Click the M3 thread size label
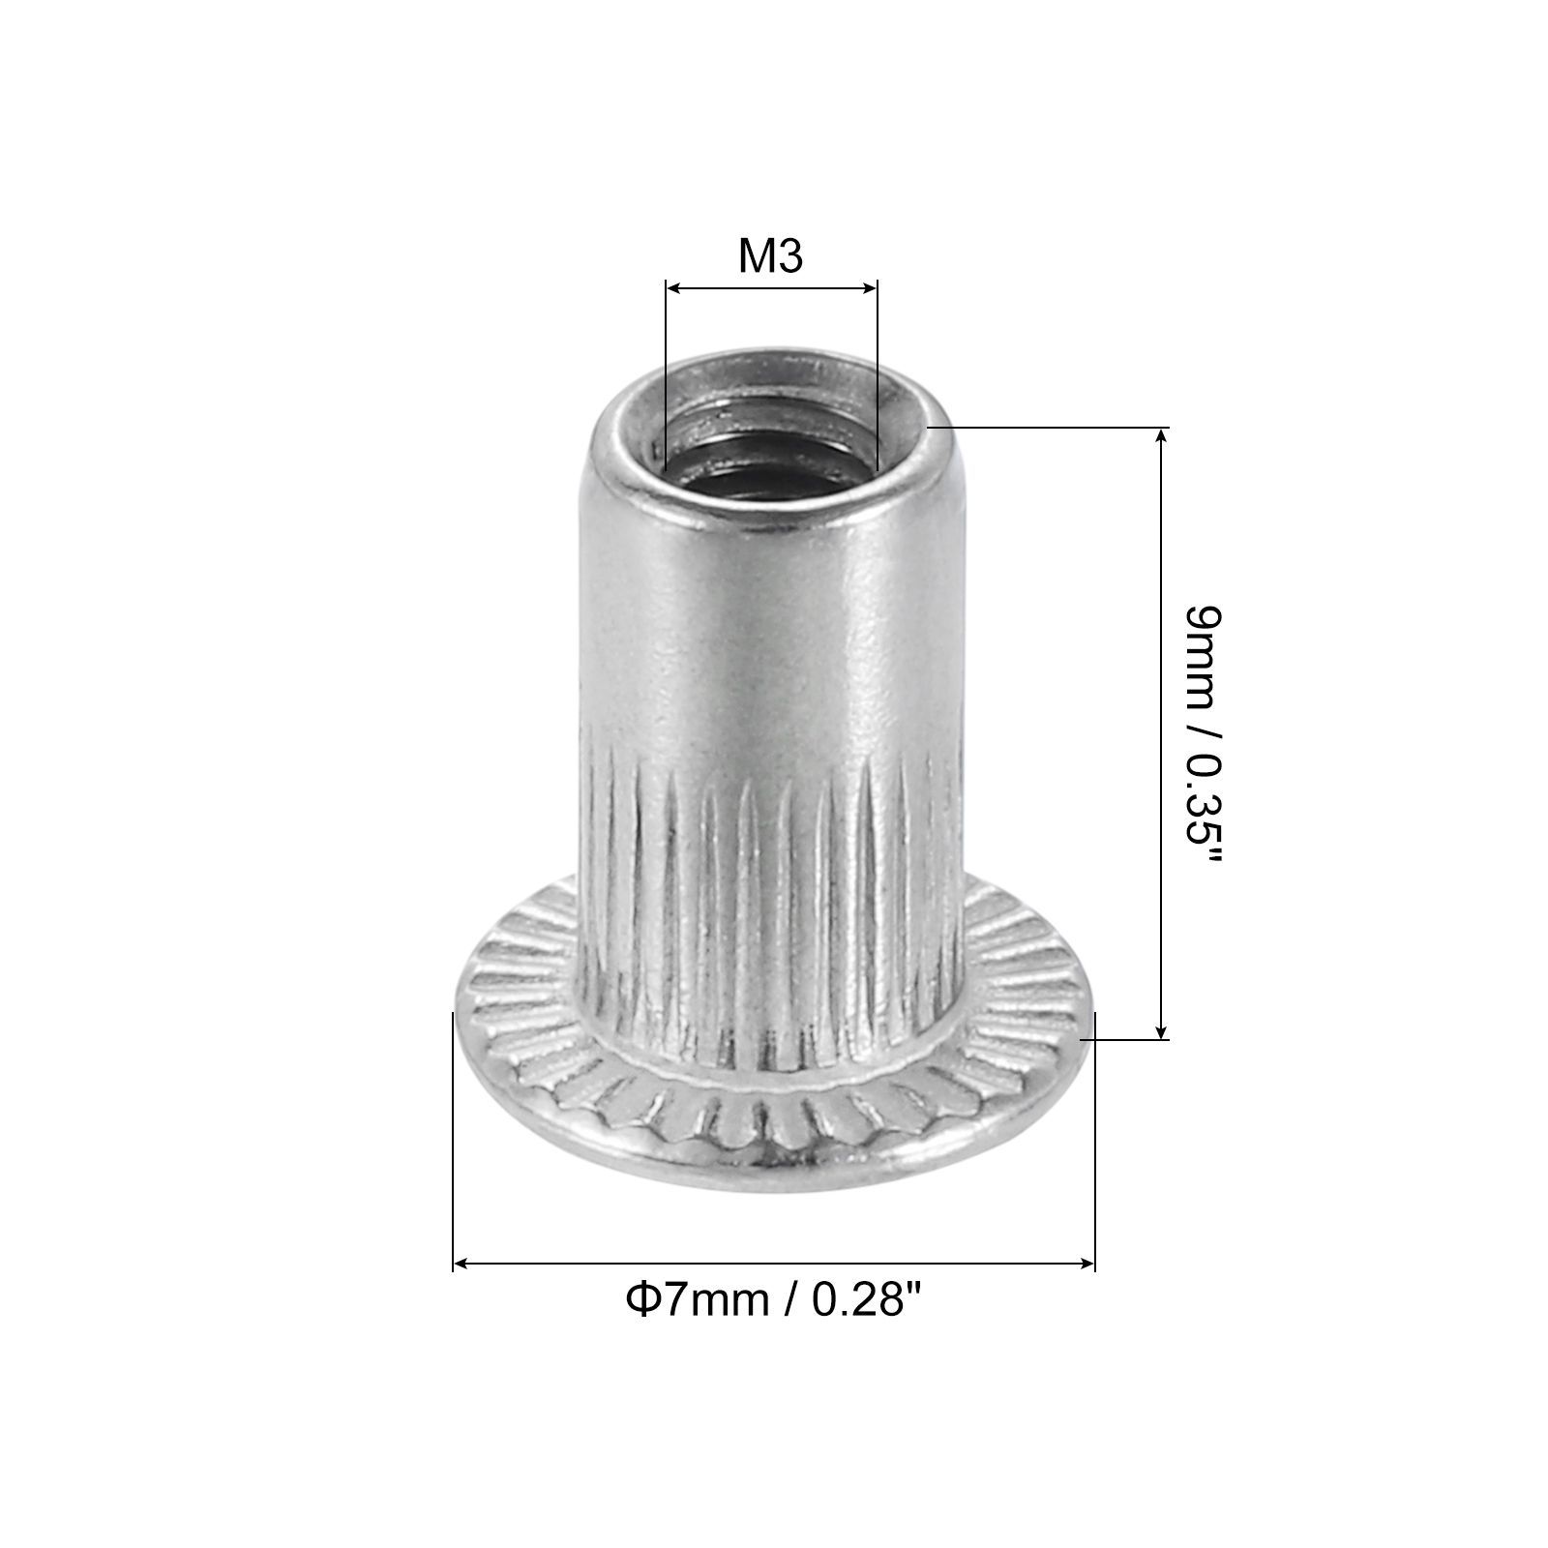coord(771,256)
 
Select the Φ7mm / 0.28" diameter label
coord(771,1299)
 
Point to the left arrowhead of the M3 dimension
coord(675,287)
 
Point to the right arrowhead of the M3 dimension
coord(868,287)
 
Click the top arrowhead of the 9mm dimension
coord(1162,437)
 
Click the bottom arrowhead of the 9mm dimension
coord(1162,1029)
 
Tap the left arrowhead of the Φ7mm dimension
coord(463,1263)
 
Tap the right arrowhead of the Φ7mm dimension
coord(1085,1263)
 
